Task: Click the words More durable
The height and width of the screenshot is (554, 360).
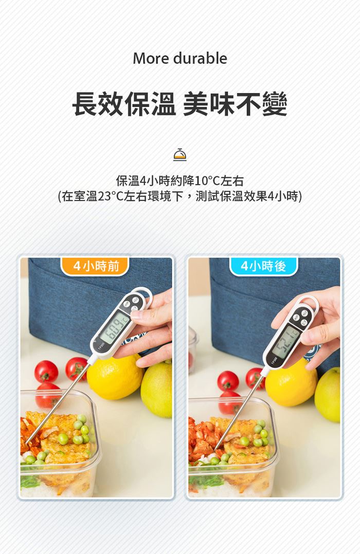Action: (179, 58)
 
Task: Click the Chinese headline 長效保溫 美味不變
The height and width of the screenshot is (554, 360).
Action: (179, 104)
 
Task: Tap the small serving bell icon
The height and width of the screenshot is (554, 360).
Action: (179, 155)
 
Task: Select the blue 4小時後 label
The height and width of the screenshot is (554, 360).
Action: (263, 266)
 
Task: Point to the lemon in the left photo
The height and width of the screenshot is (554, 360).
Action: (114, 377)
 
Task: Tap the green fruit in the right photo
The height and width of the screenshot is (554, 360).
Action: (328, 395)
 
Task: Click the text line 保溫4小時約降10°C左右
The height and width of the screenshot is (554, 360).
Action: (179, 181)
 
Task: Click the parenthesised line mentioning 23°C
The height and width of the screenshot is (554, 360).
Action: (179, 196)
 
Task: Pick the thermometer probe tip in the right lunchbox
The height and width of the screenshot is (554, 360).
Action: (215, 450)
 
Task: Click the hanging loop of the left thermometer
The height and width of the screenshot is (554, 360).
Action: (145, 293)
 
